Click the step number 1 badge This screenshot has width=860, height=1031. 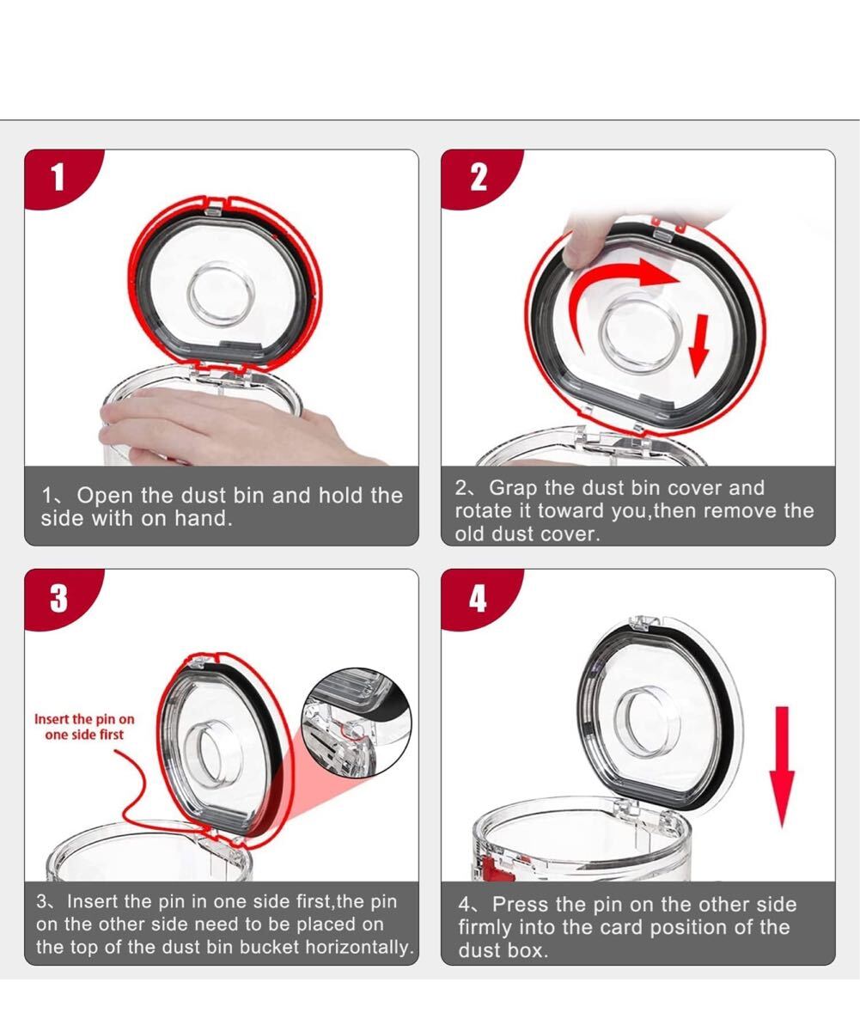58,178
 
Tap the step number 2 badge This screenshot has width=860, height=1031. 479,178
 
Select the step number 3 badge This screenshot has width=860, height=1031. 58,599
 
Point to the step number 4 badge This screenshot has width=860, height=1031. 478,599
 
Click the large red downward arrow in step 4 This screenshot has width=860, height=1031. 782,767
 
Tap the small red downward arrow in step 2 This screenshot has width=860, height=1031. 699,345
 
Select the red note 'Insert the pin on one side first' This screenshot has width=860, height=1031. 84,726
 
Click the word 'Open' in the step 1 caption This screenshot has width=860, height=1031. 105,496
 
